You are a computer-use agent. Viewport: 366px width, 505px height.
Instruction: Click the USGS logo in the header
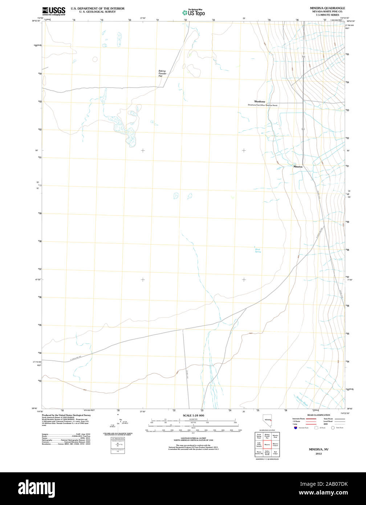pyautogui.click(x=53, y=11)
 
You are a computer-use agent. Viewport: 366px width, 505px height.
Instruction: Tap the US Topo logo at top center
pyautogui.click(x=194, y=12)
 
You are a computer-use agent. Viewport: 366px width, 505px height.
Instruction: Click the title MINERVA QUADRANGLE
pyautogui.click(x=327, y=8)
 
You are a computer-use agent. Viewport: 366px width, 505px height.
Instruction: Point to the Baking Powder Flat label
pyautogui.click(x=162, y=73)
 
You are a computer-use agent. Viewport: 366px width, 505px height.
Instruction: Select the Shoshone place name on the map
pyautogui.click(x=260, y=102)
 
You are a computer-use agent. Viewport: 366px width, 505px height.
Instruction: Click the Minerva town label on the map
pyautogui.click(x=298, y=166)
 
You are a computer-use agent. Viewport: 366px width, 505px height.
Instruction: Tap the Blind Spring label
pyautogui.click(x=257, y=250)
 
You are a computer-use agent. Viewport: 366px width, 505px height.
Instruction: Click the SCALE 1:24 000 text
pyautogui.click(x=194, y=415)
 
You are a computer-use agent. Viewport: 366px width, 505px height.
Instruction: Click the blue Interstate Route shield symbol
pyautogui.click(x=295, y=428)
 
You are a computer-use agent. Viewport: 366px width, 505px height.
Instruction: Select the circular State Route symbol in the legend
pyautogui.click(x=333, y=428)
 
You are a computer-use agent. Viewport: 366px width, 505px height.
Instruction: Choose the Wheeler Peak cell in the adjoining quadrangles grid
pyautogui.click(x=276, y=436)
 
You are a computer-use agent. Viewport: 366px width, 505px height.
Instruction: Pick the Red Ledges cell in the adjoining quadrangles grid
pyautogui.click(x=276, y=452)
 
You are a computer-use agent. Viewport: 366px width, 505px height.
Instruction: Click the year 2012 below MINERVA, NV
pyautogui.click(x=318, y=454)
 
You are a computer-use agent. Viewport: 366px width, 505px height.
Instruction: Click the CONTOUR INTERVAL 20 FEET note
pyautogui.click(x=193, y=438)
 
